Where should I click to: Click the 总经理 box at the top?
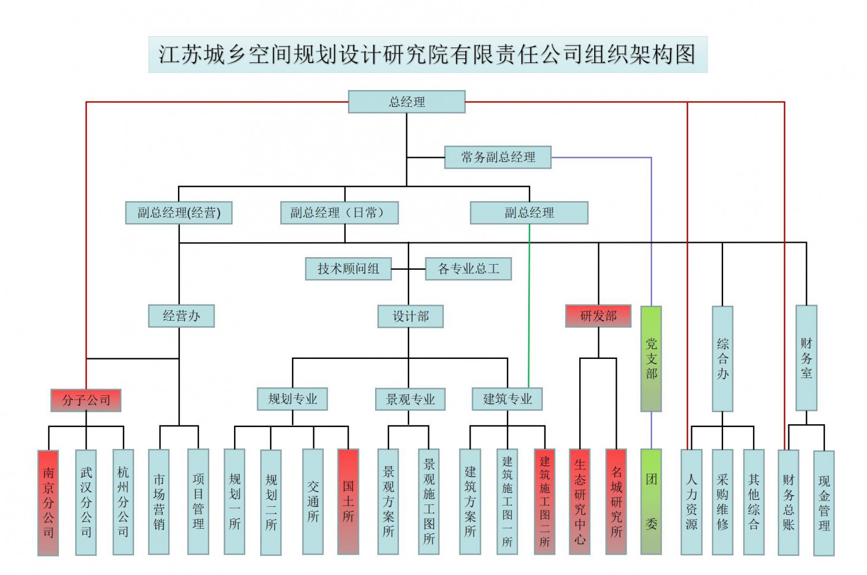click(x=406, y=102)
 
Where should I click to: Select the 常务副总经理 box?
click(x=498, y=157)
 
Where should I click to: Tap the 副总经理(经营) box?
click(x=179, y=213)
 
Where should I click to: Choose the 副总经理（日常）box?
click(x=339, y=213)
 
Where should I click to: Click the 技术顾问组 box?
click(x=348, y=269)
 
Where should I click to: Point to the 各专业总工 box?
click(x=468, y=269)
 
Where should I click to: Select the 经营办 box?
click(x=181, y=316)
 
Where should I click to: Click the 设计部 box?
click(x=410, y=316)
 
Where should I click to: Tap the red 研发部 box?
click(x=598, y=316)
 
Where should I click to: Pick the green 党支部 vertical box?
click(x=651, y=358)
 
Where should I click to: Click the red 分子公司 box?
click(x=86, y=400)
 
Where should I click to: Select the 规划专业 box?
click(x=292, y=399)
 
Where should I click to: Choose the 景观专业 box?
click(x=410, y=399)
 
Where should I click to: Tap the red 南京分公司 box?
click(x=48, y=502)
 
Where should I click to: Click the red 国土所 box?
click(x=348, y=501)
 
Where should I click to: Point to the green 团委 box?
click(x=651, y=501)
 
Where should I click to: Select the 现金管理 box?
click(x=824, y=503)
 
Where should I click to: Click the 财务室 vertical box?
click(x=806, y=358)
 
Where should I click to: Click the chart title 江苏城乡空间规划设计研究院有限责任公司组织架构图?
click(x=428, y=55)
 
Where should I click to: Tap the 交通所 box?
click(x=313, y=501)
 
